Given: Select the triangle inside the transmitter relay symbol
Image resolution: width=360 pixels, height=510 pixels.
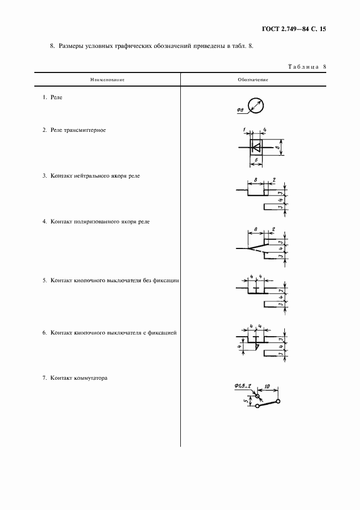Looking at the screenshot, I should click(255, 147).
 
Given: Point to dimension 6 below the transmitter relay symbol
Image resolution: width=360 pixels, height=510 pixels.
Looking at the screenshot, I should click(256, 161).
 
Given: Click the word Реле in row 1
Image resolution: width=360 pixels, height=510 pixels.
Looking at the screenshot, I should click(56, 97).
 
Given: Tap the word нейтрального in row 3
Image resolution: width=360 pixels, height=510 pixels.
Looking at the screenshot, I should click(93, 176).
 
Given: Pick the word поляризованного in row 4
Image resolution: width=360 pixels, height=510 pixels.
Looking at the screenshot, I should click(99, 222).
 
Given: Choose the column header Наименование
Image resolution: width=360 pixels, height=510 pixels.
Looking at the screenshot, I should click(108, 80).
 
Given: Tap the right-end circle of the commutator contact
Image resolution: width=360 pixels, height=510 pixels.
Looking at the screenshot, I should click(278, 402).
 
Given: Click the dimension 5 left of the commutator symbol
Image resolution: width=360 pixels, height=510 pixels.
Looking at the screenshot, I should click(246, 402).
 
